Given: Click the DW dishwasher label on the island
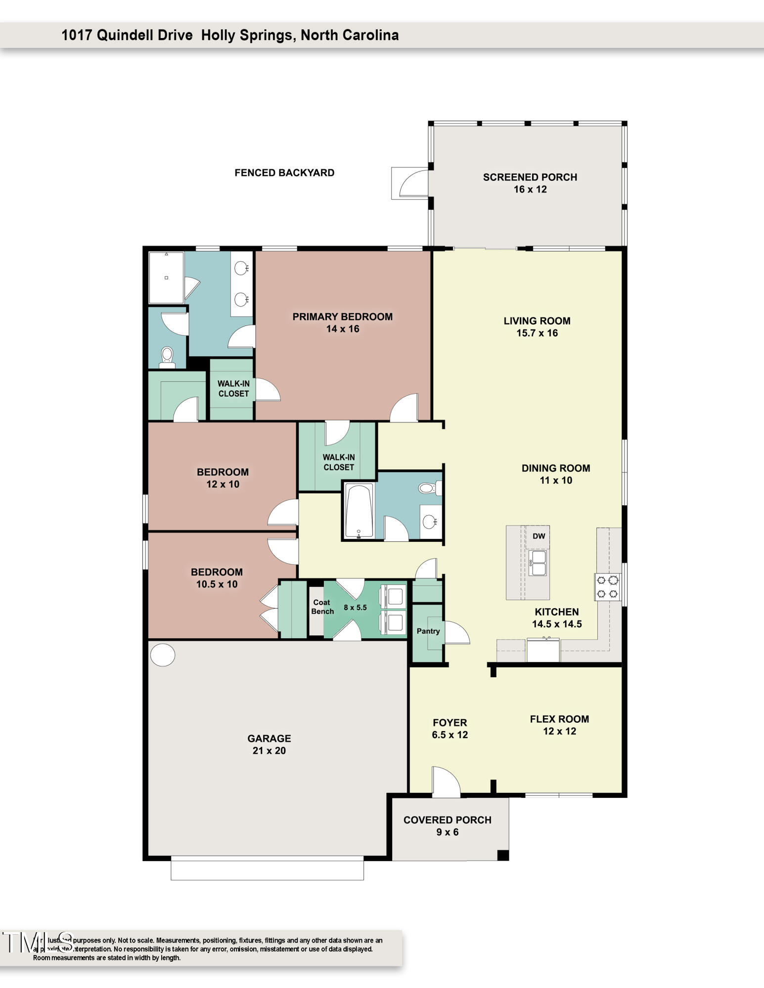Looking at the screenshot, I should pos(539,536).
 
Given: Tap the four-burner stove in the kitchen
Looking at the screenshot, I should pos(608,586).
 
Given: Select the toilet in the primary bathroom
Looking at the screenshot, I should pos(167,357).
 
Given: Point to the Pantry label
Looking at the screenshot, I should pos(428,631).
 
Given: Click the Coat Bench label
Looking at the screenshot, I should pos(322,607).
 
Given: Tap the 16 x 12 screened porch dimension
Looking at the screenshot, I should pos(530,189).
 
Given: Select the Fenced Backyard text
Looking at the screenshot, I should pos(284,172).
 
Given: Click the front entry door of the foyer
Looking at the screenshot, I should pos(446,782).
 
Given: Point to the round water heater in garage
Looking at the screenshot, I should pos(162,655).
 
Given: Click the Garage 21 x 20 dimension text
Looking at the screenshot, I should pos(269,750).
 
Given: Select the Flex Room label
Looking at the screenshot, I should pos(559,719).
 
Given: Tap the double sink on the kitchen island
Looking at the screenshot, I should pos(538,563).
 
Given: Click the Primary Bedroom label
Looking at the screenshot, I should pos(342,317).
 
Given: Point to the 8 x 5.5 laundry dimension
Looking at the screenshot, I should pos(355,607).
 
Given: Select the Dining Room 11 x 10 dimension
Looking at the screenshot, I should pos(556,480).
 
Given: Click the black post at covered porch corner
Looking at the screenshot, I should pos(502,855).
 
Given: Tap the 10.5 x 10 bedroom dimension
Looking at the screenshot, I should pos(217,584).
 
